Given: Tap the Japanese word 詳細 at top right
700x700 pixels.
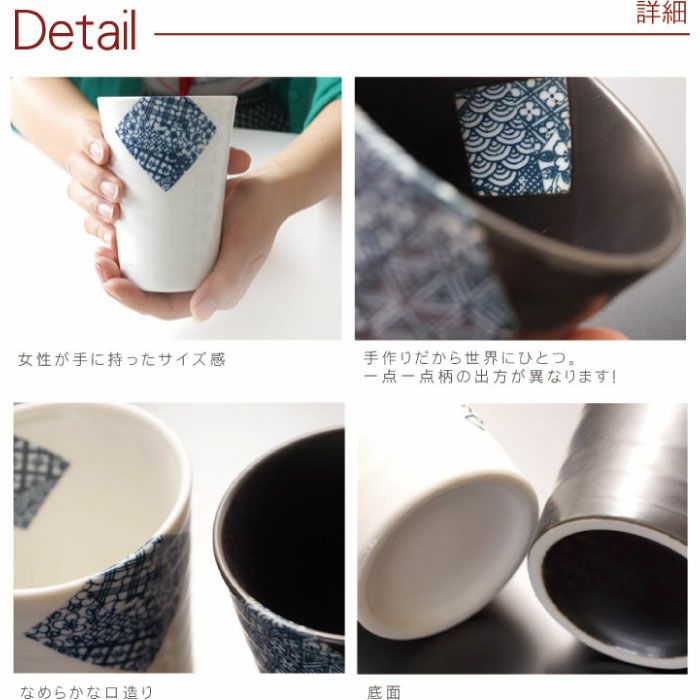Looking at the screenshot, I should (x=662, y=14).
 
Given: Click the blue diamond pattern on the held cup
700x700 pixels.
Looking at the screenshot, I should (x=165, y=141).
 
